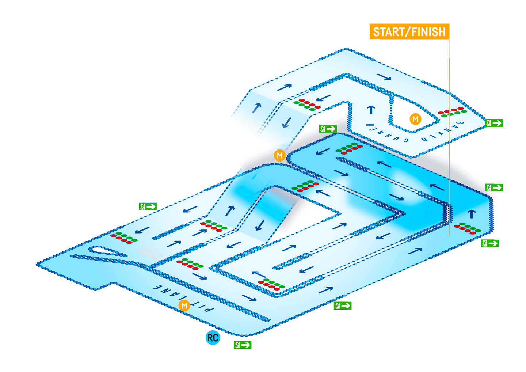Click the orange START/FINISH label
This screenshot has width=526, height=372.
coord(409,32)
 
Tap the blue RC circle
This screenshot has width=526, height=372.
coord(213,338)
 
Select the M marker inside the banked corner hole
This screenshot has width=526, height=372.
coord(415,119)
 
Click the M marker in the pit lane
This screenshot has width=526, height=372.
coord(184,305)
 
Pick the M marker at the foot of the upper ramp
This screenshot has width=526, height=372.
coord(279,155)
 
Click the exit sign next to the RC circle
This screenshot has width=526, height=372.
coord(243,345)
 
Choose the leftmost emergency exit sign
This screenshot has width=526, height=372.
coord(148,206)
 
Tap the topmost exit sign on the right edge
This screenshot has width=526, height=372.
coord(494,123)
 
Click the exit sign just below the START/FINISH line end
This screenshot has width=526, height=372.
coord(490,243)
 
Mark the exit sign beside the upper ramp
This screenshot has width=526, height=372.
coord(328,129)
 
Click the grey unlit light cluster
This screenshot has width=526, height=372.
coord(150,253)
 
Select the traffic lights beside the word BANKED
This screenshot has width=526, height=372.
coord(452,112)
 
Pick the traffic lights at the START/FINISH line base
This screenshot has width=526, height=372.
coord(468,228)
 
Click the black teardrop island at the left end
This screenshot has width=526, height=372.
coord(106,251)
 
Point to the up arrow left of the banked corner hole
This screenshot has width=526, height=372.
coord(371,109)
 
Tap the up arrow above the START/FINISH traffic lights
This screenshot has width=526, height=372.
coord(472,213)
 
